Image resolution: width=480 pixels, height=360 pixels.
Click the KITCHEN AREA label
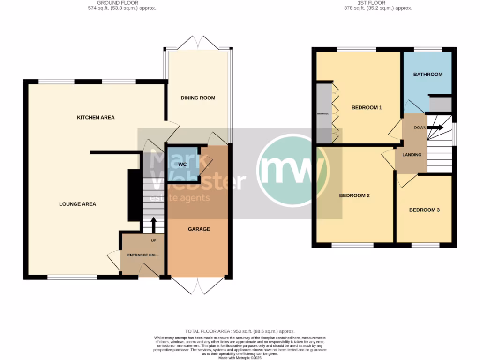(96, 117)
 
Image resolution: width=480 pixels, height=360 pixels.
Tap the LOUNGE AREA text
(77, 204)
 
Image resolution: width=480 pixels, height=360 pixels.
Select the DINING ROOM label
(198, 98)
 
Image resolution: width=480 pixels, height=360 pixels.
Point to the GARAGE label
(199, 229)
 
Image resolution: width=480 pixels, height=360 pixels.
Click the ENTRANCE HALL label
(143, 255)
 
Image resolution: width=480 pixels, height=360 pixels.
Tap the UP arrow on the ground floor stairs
(153, 224)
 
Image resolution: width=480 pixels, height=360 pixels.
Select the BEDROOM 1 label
(367, 108)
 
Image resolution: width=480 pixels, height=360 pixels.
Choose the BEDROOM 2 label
(354, 195)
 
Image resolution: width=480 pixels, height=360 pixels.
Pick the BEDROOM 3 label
(424, 210)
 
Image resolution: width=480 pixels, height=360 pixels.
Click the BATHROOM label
(427, 75)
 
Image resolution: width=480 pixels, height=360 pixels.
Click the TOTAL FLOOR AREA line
(240, 331)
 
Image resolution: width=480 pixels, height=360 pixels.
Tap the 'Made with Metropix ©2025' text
(240, 357)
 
